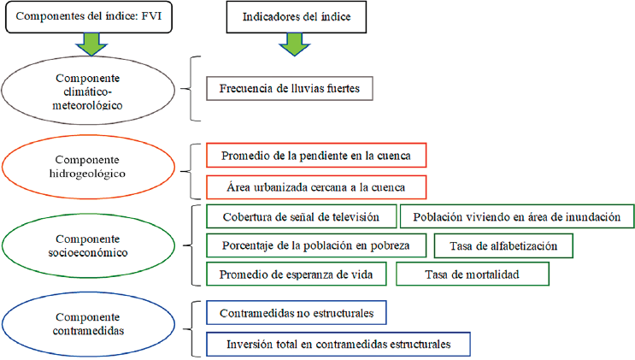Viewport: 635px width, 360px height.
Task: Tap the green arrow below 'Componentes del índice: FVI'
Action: (89, 43)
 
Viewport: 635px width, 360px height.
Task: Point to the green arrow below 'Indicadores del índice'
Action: (292, 43)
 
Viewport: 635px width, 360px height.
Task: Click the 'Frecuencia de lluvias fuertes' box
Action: (290, 88)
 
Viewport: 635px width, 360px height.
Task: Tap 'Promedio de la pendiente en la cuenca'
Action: (316, 156)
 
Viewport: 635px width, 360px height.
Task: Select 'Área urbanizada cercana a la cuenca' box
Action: (316, 186)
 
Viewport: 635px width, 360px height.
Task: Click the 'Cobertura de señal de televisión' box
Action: (301, 217)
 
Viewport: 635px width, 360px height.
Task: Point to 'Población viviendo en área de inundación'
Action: (516, 217)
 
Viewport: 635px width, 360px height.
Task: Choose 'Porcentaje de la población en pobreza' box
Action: (315, 245)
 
